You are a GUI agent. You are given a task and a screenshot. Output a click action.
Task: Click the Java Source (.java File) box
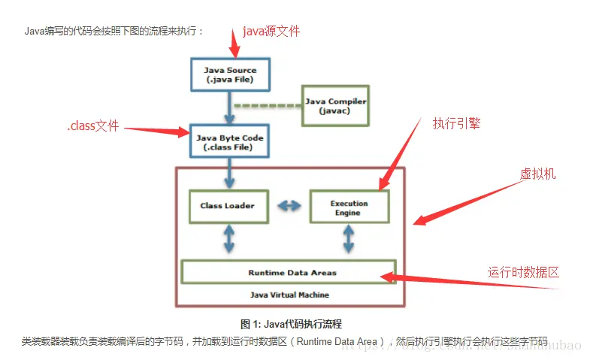point(230,75)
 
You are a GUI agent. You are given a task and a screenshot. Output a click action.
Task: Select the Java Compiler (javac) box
point(334,105)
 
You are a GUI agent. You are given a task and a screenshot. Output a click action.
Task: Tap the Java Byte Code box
point(230,143)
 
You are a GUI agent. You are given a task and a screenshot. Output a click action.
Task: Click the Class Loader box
point(227,205)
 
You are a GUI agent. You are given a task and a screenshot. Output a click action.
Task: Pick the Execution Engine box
point(349,207)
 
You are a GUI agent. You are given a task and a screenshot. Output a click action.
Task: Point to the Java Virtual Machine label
point(289,295)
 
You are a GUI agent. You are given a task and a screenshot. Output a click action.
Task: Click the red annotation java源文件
point(271,32)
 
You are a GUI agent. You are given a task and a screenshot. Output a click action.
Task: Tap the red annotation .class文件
point(93,126)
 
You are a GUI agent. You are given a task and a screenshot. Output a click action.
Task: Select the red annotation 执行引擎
point(456,123)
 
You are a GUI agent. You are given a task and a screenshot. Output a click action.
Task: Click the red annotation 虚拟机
point(537,174)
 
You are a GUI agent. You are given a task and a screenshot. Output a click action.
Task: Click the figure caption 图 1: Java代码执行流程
point(291,324)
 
